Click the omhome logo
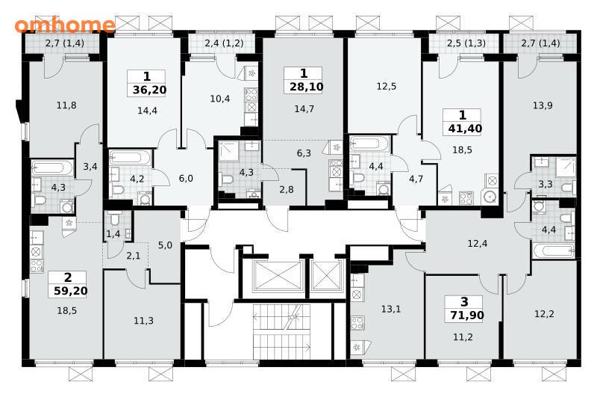tap(65, 25)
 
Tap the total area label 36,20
tap(150, 90)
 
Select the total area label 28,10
tap(307, 87)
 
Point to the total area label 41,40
tap(465, 129)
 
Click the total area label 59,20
tap(70, 291)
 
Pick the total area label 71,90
tap(467, 316)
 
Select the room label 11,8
tap(66, 105)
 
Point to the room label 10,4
tap(219, 99)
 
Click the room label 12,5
tap(386, 87)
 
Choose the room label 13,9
tap(543, 105)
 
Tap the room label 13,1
tap(391, 309)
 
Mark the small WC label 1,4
tap(113, 234)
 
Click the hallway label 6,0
tap(186, 179)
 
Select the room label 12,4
tap(478, 243)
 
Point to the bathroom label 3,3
tap(546, 185)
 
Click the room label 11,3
tap(143, 321)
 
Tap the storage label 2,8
tap(287, 190)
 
